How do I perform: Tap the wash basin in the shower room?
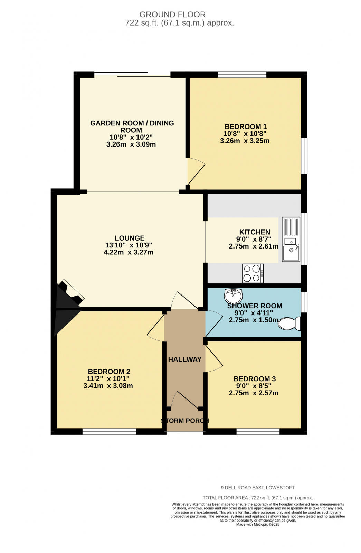coord(233,296)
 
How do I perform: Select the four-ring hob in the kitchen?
coord(253,273)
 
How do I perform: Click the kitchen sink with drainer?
coord(291,239)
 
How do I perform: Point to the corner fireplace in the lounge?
coord(69,297)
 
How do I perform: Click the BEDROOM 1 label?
coord(245,126)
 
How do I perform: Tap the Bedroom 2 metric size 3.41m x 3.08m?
coord(108,386)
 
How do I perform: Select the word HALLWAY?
coord(184,359)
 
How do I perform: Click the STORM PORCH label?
coord(185,421)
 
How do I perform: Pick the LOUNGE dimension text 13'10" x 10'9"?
coord(129,245)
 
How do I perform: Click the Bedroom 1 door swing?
coord(195,171)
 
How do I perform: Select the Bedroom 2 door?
coord(156,328)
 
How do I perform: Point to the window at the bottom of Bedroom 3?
coord(258,431)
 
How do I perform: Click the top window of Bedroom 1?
coord(242,74)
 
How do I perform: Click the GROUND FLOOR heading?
coord(172,15)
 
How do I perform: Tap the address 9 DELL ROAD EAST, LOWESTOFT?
coord(258,488)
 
